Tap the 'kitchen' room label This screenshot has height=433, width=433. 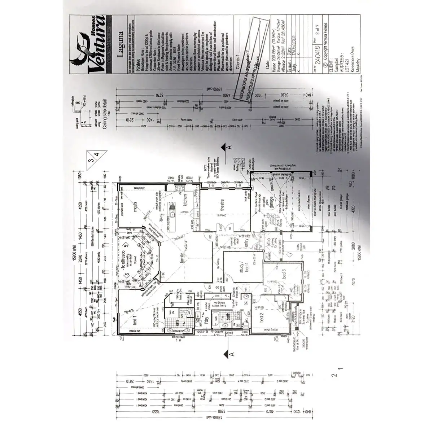pos(184,200)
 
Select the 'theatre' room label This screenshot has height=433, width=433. pos(222,205)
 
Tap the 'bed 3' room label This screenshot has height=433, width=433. pos(283,276)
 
